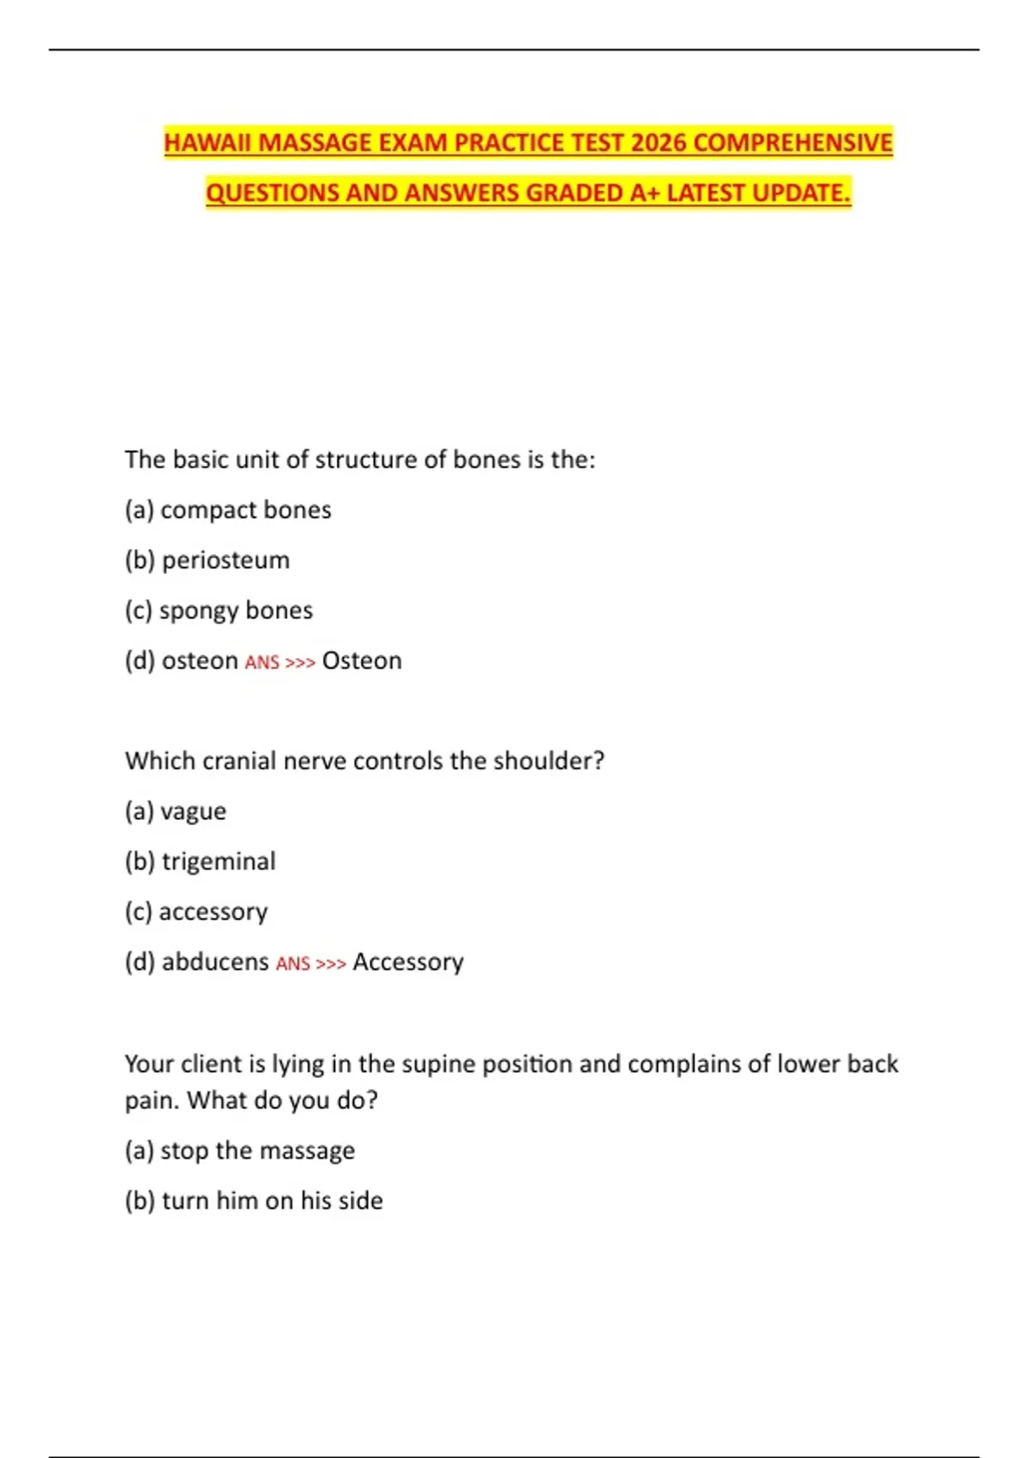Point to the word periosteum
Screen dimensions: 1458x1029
point(226,560)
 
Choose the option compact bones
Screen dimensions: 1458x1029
point(245,510)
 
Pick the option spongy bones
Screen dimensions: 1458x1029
point(236,611)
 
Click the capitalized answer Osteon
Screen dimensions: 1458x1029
point(362,661)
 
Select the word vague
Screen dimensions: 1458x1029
point(193,811)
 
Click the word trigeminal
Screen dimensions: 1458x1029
point(219,862)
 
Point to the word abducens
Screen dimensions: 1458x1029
point(215,962)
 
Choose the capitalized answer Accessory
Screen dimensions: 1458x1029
point(408,962)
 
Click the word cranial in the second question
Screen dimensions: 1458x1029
point(239,761)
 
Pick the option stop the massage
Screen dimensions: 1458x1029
point(257,1151)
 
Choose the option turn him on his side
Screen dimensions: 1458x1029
point(272,1201)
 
